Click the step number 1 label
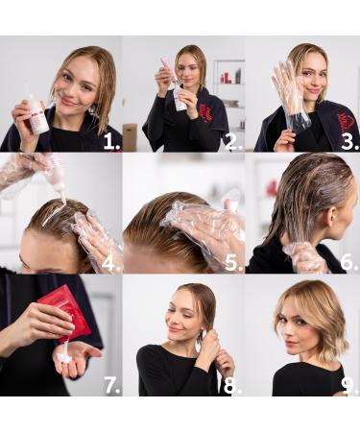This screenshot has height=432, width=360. [110, 141]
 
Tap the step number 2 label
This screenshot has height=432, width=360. [233, 141]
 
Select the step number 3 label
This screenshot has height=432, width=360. [349, 141]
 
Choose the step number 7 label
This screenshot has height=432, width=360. [111, 385]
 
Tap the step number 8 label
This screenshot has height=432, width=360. [233, 385]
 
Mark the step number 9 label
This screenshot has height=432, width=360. [349, 385]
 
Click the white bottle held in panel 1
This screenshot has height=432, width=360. [36, 112]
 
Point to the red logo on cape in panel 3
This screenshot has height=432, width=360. [346, 121]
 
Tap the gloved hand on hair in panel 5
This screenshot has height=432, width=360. [206, 226]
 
